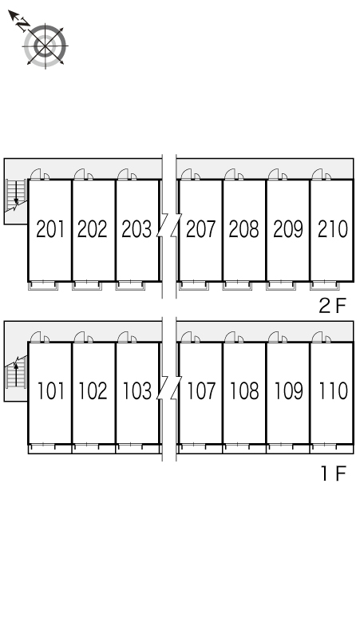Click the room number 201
tap(50, 229)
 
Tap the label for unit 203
tap(136, 229)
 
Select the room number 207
tap(201, 229)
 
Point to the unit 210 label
tap(333, 229)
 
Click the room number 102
tap(93, 390)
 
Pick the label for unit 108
tap(244, 390)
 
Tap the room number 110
tap(334, 390)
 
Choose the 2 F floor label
tap(332, 306)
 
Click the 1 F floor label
tap(334, 473)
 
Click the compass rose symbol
tap(45, 46)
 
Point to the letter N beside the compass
tap(23, 25)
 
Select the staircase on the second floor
tap(16, 196)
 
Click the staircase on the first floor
tap(16, 372)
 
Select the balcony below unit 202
tap(87, 285)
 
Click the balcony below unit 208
tap(237, 285)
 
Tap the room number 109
tap(289, 390)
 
